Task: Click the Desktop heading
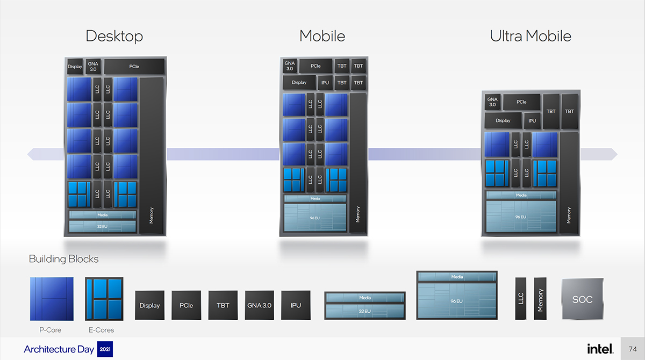point(114,37)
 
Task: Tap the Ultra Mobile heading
point(530,37)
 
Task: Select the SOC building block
point(582,299)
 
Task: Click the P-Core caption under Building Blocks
point(52,330)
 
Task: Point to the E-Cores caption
point(102,330)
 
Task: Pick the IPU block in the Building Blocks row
point(296,305)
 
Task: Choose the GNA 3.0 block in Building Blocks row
point(259,305)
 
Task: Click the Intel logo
point(599,349)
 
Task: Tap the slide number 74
point(633,349)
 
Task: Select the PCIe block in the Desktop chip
point(134,67)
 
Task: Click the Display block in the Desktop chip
point(75,67)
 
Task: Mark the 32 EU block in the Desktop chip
point(103,227)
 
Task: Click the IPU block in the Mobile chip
point(325,83)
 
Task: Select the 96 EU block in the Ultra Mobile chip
point(521,217)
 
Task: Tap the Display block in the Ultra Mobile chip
point(503,120)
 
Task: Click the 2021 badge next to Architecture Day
point(105,350)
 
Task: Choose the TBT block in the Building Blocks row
point(223,305)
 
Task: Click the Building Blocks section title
point(63,259)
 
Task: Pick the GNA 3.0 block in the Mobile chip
point(289,66)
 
